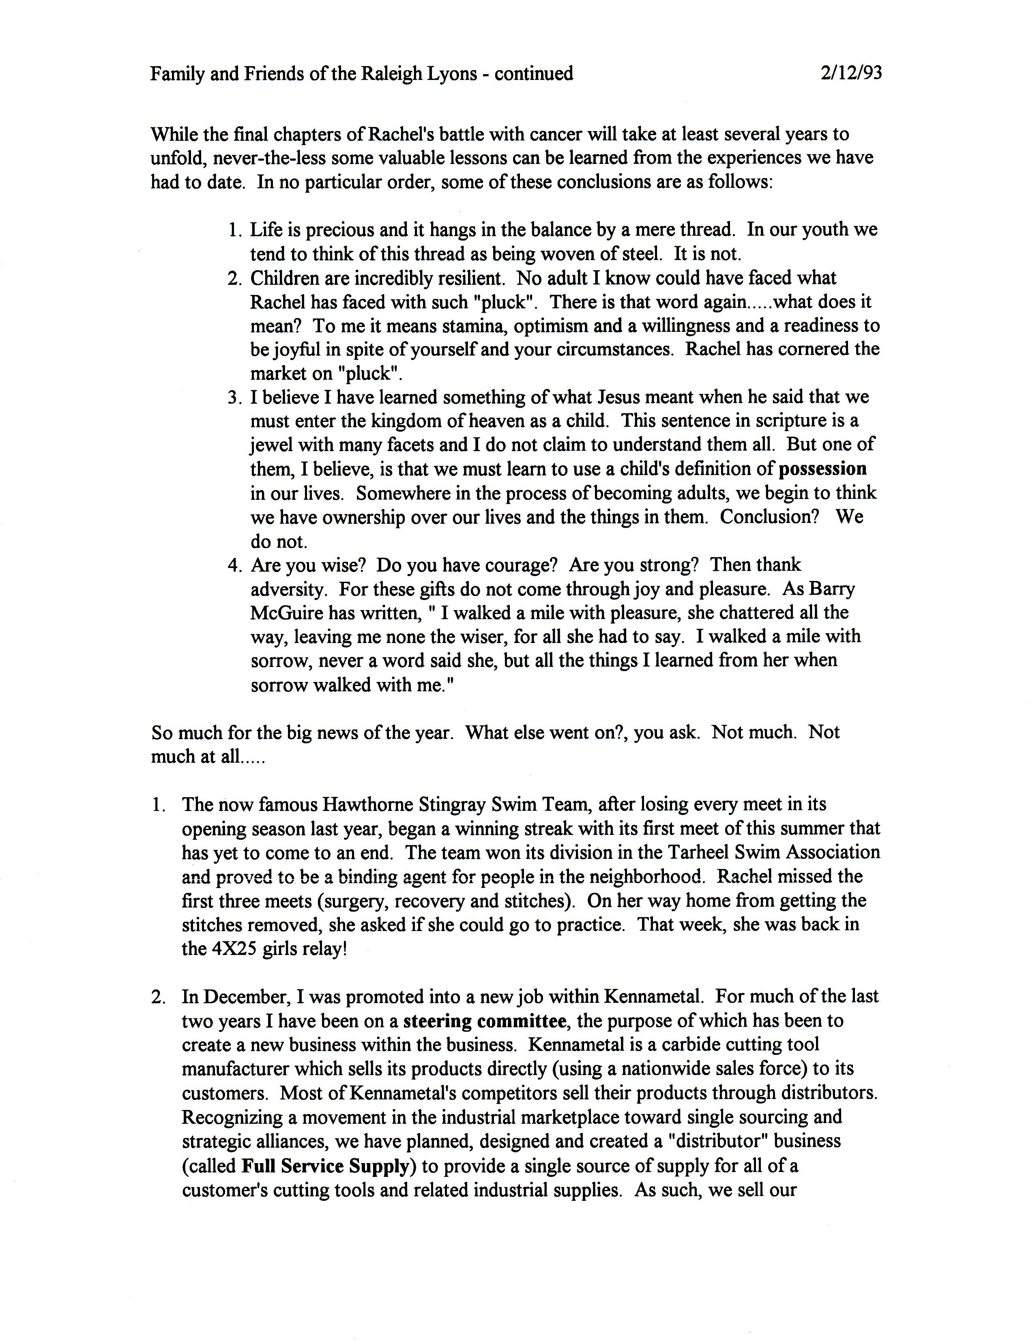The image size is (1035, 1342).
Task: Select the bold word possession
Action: (x=822, y=469)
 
